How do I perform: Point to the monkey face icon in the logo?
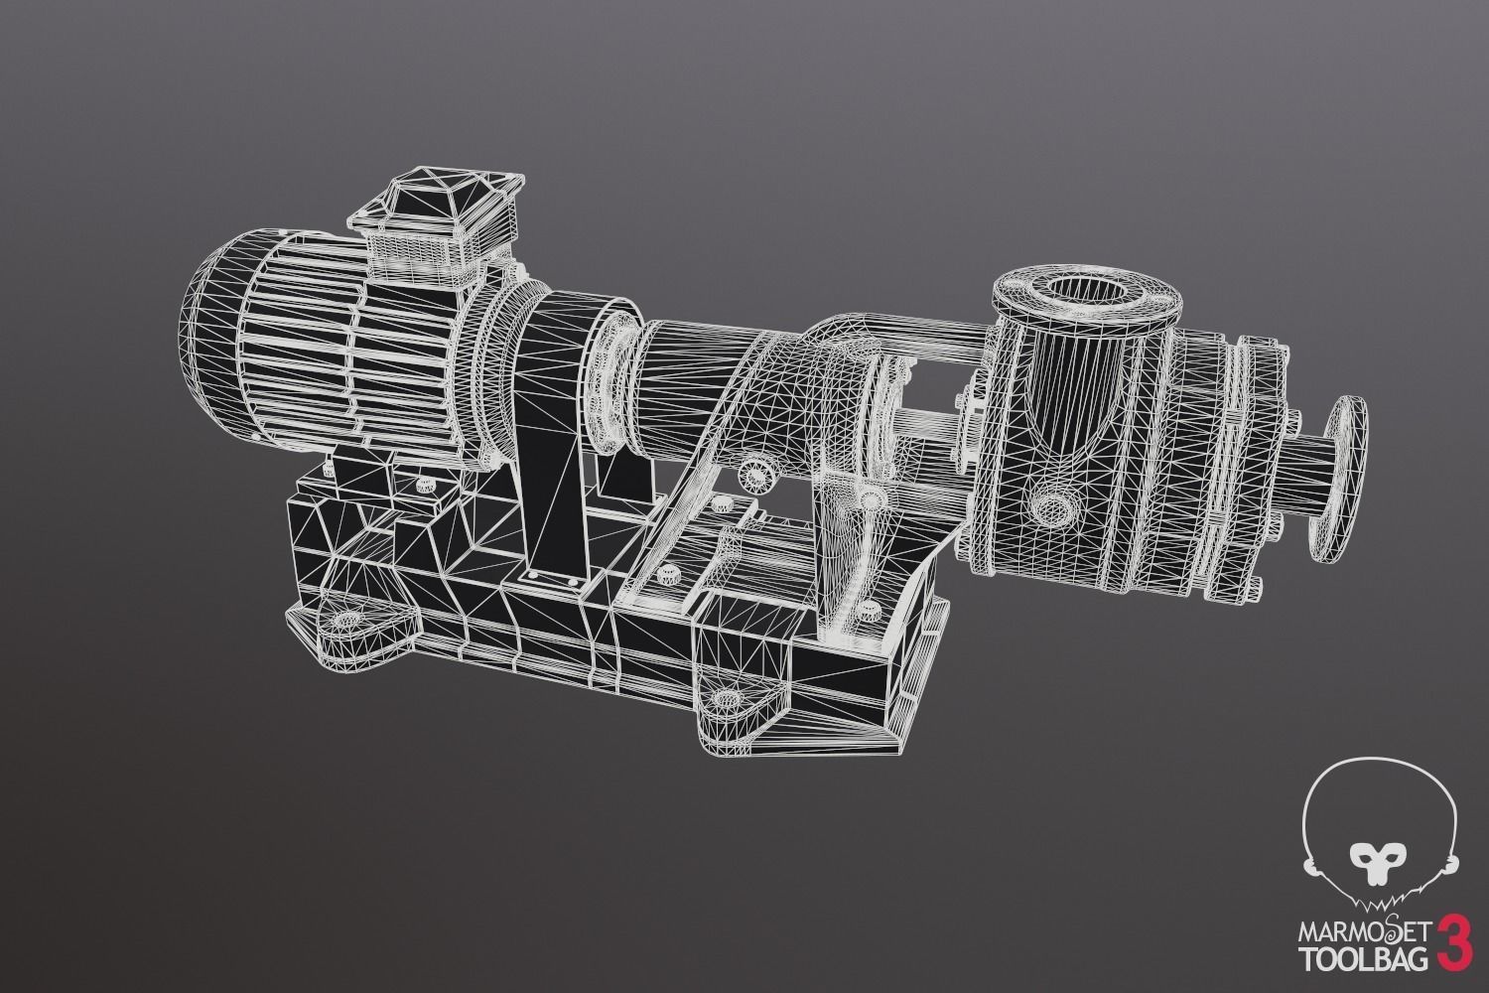click(x=1378, y=856)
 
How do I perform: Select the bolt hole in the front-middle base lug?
click(x=732, y=698)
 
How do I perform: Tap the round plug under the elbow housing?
click(x=756, y=478)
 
